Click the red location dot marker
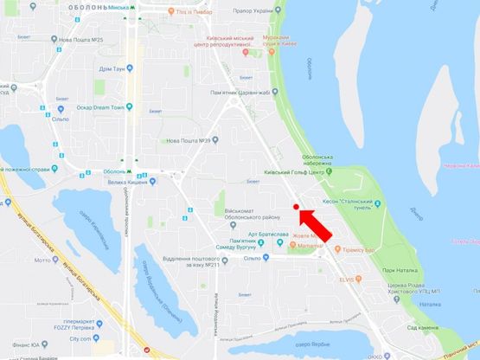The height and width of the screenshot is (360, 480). click(296, 208)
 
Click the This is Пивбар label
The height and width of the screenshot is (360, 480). click(197, 13)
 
